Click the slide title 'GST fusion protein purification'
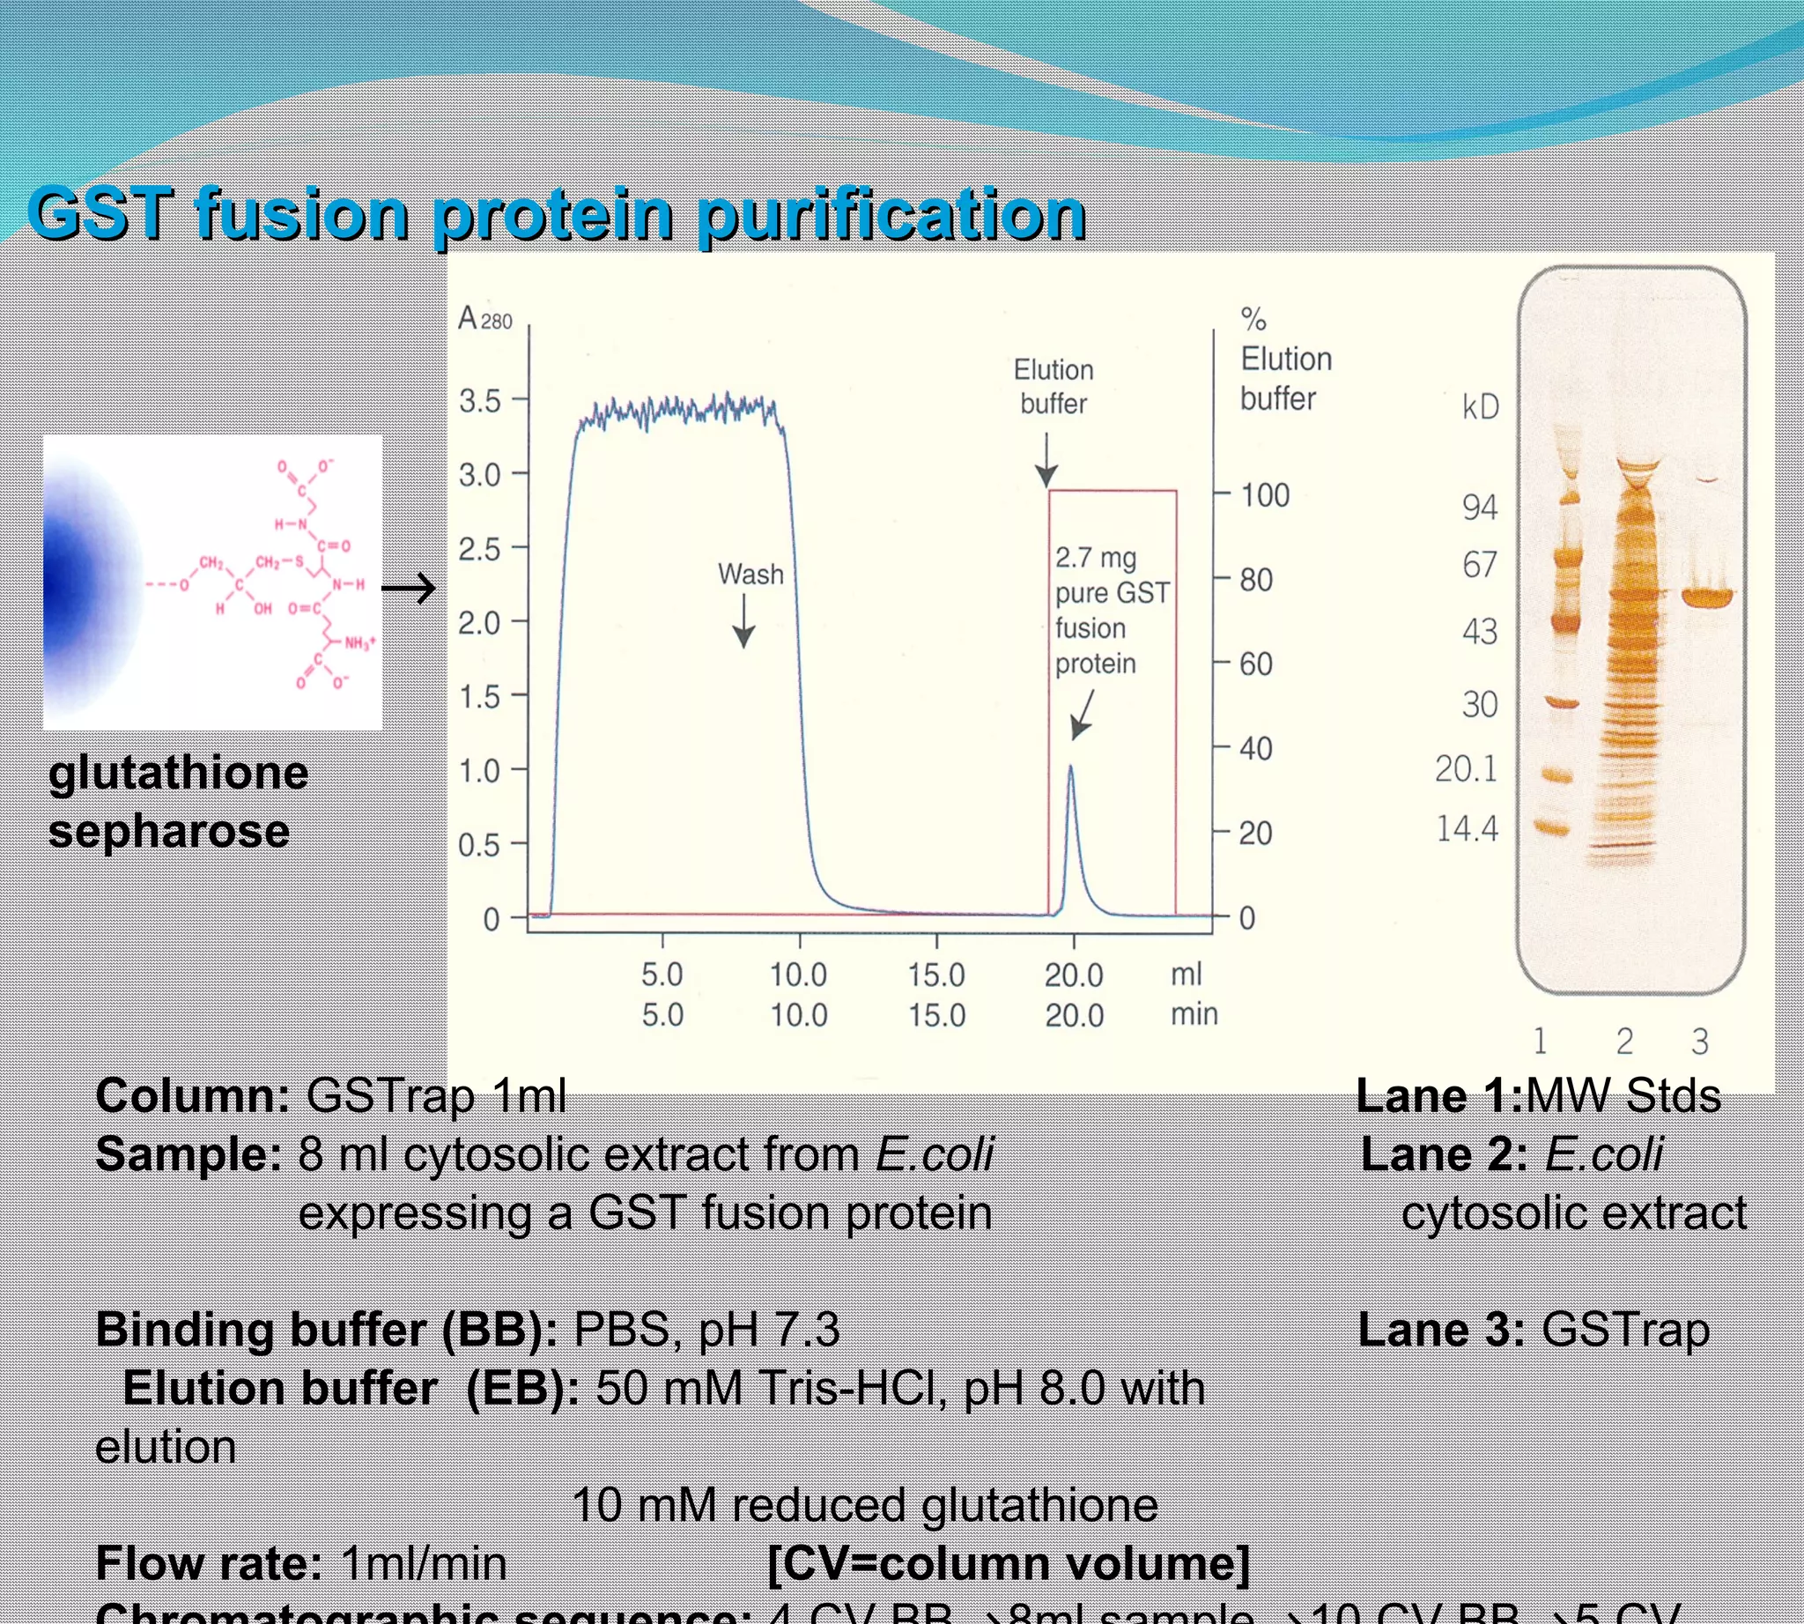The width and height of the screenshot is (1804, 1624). tap(557, 214)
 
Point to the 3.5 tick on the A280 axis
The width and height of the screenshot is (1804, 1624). tap(480, 402)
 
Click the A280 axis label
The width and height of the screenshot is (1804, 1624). tap(484, 319)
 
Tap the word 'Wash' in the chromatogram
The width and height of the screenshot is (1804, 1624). tap(750, 574)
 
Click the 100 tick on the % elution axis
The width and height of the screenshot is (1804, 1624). tap(1265, 495)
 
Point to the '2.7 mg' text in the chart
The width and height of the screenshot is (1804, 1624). tap(1096, 558)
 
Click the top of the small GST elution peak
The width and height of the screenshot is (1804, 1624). tap(1070, 768)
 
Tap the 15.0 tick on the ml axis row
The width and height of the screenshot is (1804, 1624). tap(935, 975)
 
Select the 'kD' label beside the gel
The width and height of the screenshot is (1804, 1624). tap(1480, 407)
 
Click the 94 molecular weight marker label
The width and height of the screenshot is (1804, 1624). tap(1479, 507)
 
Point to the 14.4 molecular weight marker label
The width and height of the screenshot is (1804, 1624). tap(1467, 829)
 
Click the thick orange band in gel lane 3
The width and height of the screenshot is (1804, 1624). tap(1707, 596)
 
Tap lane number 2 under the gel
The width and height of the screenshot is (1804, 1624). tap(1624, 1041)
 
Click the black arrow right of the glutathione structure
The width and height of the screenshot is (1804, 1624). tap(409, 588)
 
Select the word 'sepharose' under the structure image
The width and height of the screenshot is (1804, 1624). tap(168, 831)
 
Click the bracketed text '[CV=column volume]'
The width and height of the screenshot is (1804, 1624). tap(1009, 1563)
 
